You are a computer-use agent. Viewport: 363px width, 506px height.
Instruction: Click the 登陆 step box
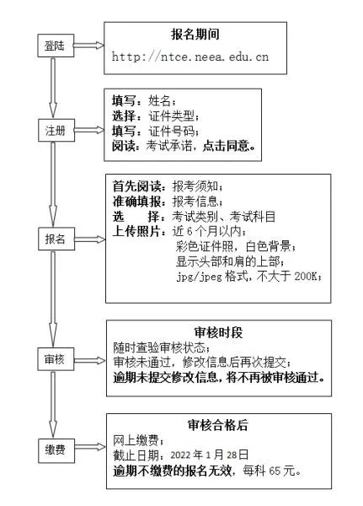click(x=56, y=47)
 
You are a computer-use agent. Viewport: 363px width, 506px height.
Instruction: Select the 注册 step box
click(x=56, y=132)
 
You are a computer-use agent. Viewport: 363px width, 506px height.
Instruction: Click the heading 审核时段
click(x=217, y=332)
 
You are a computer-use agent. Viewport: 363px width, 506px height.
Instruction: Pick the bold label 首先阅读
click(x=138, y=186)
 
